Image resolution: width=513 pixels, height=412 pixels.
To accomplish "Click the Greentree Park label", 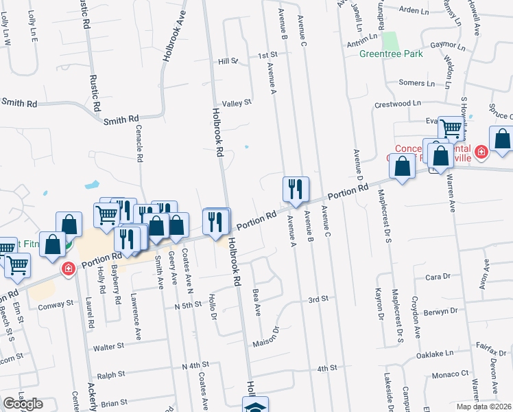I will [391, 54].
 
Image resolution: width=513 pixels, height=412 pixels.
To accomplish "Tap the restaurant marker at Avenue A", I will [296, 190].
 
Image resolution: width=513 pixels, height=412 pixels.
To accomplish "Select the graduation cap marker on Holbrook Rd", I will [255, 405].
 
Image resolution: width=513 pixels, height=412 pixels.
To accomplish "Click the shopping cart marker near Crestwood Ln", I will [451, 128].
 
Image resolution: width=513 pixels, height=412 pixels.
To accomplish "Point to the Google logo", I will [23, 404].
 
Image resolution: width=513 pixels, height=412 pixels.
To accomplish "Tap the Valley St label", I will [237, 102].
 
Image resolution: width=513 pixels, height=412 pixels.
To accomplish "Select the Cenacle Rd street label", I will [139, 147].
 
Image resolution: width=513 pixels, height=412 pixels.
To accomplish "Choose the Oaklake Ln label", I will [439, 354].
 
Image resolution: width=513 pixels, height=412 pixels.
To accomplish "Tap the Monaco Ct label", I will [450, 375].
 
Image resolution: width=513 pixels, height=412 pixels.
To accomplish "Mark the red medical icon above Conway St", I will [67, 268].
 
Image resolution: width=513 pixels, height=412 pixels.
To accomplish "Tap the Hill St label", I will [228, 61].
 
